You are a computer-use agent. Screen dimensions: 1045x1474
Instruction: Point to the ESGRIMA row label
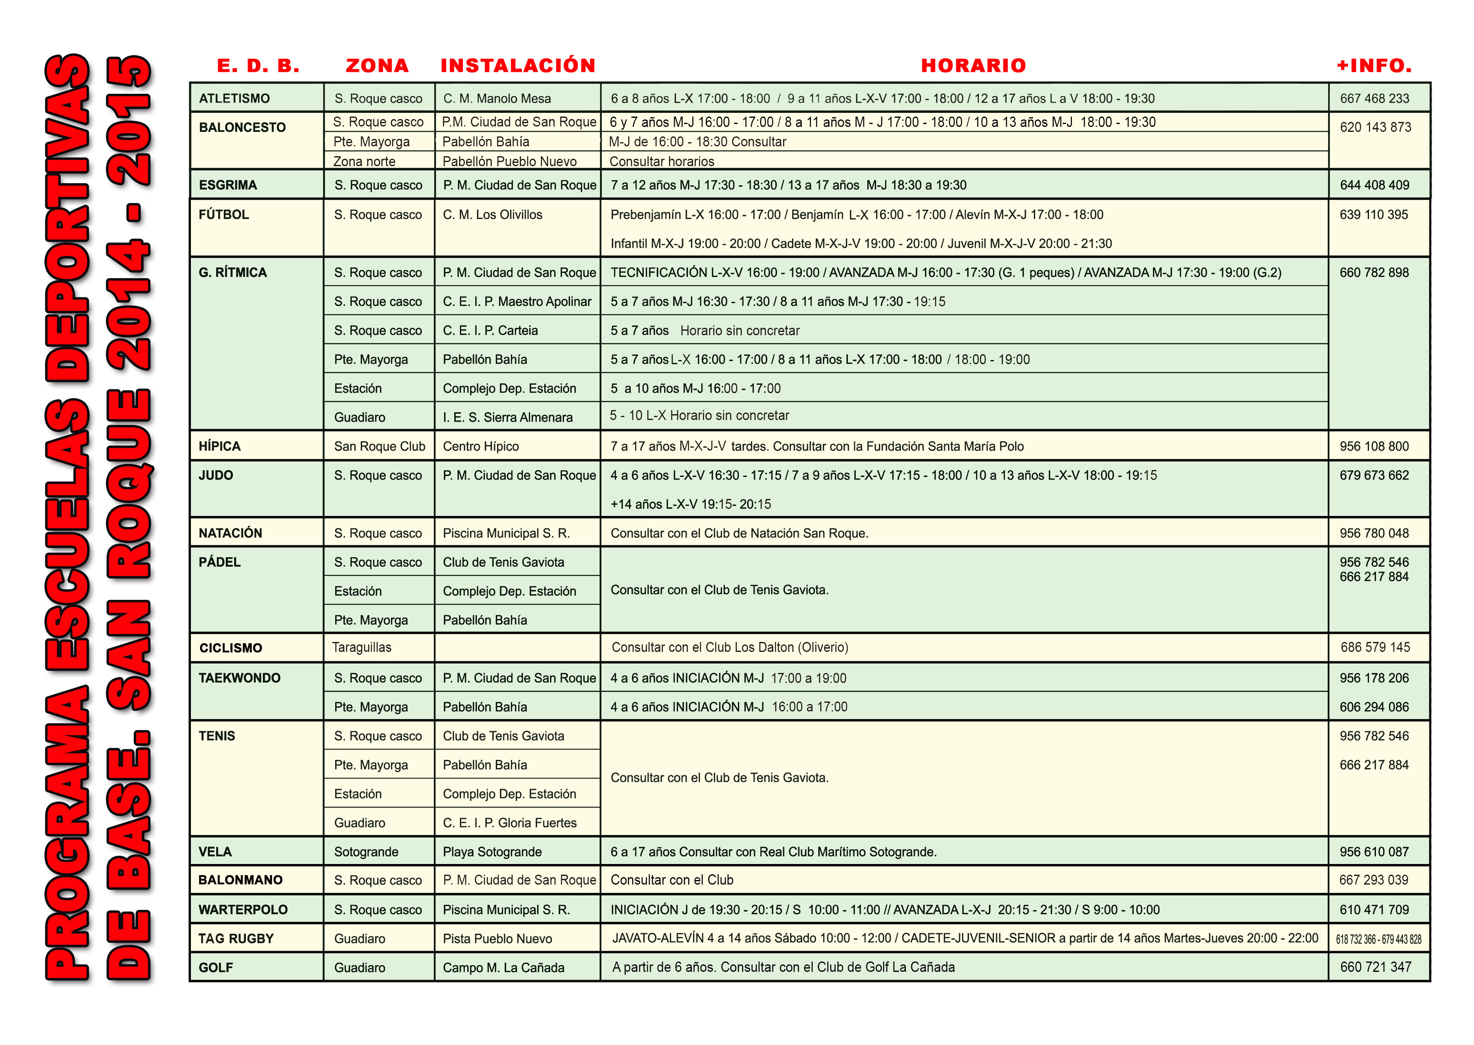tap(228, 185)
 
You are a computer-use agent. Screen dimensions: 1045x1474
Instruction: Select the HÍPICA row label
tap(219, 446)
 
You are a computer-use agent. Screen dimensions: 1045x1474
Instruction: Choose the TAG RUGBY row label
tap(236, 938)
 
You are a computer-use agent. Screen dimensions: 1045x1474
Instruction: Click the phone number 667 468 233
tap(1374, 98)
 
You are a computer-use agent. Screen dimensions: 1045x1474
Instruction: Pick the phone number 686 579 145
tap(1375, 647)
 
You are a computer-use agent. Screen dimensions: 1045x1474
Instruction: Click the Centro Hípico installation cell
tap(481, 446)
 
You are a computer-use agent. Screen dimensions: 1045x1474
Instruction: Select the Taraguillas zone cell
tap(362, 647)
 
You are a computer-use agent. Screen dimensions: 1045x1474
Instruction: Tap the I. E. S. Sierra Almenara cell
tap(507, 417)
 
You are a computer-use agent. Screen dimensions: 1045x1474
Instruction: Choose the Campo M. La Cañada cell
tap(504, 967)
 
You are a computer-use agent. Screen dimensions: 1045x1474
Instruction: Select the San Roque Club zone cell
tap(379, 446)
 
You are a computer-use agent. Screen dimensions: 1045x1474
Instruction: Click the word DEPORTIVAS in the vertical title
tap(67, 219)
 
